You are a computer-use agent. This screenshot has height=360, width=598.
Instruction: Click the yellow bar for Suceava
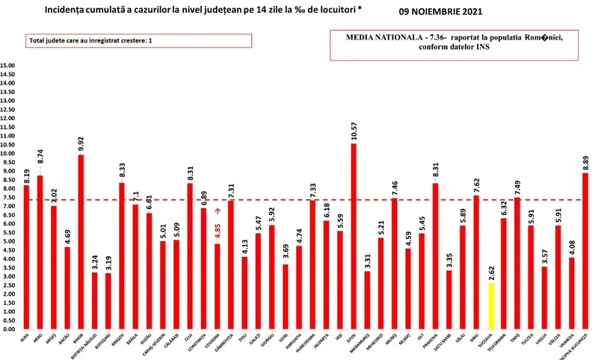tap(490, 306)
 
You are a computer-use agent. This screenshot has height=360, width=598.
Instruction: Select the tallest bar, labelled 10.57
tap(354, 236)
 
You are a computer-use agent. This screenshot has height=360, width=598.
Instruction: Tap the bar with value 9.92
tap(81, 242)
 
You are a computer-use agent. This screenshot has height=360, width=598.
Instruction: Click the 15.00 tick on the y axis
tap(8, 66)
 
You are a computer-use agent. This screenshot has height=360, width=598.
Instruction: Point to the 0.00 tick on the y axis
tap(8, 329)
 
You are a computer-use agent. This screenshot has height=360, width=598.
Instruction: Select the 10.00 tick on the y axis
tap(8, 154)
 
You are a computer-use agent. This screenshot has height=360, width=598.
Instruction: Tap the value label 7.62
tap(477, 181)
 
